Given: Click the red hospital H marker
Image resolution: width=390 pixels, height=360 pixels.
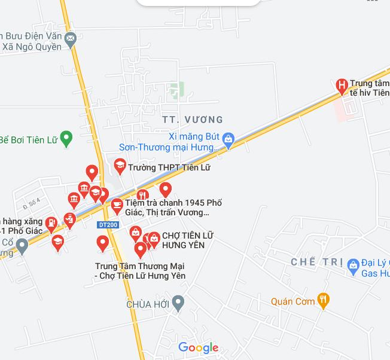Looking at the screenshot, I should pyautogui.click(x=342, y=86).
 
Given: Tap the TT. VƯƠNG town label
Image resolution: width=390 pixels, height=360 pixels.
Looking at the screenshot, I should pyautogui.click(x=193, y=120).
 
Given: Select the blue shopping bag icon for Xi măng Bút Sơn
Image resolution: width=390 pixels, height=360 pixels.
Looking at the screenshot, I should pyautogui.click(x=228, y=140).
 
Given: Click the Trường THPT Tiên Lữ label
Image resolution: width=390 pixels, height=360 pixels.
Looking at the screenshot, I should pyautogui.click(x=169, y=168).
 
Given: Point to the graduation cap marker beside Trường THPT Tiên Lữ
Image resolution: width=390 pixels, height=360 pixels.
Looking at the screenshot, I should pyautogui.click(x=120, y=165).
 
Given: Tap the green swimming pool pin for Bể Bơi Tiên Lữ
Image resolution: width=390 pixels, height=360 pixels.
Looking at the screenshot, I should pyautogui.click(x=66, y=139).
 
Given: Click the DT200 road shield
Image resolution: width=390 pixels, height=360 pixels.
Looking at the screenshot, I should pyautogui.click(x=108, y=224).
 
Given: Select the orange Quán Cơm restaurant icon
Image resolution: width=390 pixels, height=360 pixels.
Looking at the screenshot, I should pyautogui.click(x=324, y=300).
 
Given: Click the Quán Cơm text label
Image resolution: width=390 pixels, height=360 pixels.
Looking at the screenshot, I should pyautogui.click(x=292, y=301).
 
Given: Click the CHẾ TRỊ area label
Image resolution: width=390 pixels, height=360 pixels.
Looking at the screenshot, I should pyautogui.click(x=316, y=263).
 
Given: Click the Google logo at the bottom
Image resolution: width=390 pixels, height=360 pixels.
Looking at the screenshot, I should pyautogui.click(x=198, y=347).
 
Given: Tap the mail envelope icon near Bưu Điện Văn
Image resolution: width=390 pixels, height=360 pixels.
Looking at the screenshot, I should pyautogui.click(x=71, y=39).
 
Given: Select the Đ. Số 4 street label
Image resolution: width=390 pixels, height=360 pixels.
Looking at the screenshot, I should pyautogui.click(x=31, y=203).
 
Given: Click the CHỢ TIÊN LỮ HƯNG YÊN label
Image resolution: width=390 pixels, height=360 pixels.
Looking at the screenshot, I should pyautogui.click(x=187, y=240).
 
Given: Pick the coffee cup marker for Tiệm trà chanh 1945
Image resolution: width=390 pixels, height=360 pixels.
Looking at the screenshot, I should pyautogui.click(x=117, y=205).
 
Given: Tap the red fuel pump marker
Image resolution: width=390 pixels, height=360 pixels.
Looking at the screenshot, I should pyautogui.click(x=51, y=224).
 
